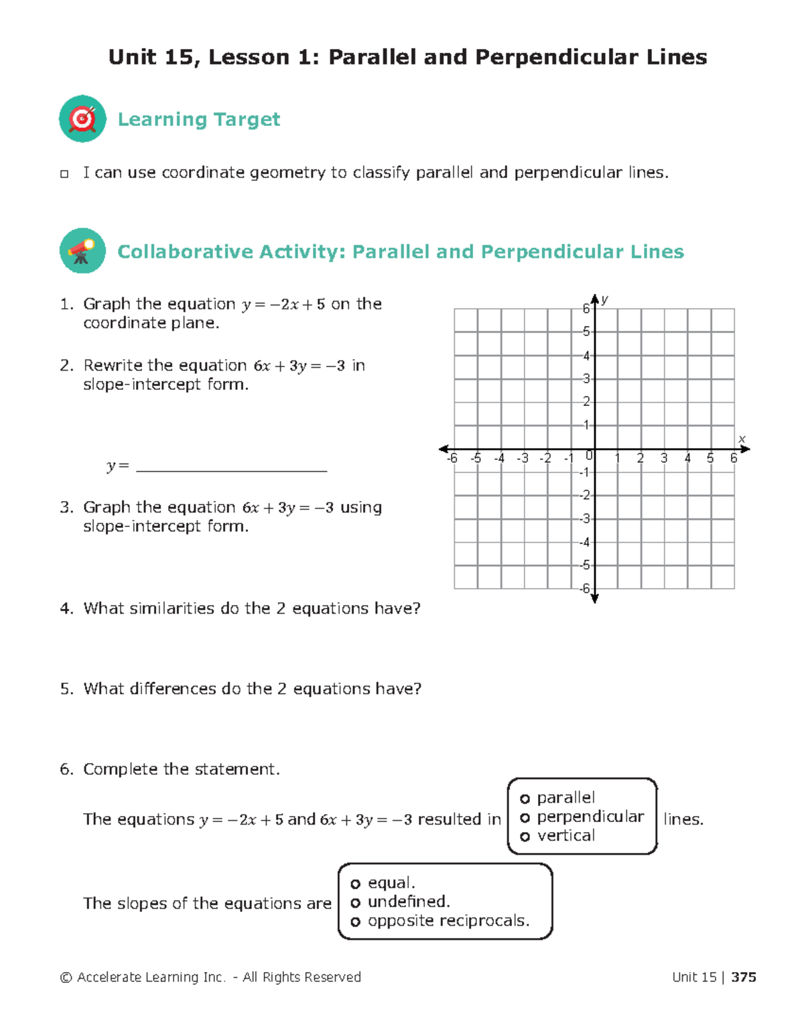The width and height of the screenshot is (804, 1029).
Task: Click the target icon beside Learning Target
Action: point(82,119)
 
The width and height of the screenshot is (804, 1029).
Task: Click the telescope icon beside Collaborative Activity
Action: point(82,251)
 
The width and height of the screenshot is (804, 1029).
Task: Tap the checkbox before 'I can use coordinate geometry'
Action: point(64,174)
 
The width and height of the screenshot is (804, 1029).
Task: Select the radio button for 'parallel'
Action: point(525,799)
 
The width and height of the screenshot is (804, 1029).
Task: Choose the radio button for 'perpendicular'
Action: point(525,817)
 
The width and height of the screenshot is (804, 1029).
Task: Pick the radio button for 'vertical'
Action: point(525,836)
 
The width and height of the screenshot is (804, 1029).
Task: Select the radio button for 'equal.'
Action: point(355,884)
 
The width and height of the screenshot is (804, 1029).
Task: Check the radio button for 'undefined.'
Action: point(355,902)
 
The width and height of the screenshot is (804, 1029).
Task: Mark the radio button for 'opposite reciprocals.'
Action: point(355,922)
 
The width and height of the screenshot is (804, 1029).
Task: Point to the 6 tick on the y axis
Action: point(586,309)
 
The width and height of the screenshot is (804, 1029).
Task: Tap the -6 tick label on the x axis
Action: point(452,459)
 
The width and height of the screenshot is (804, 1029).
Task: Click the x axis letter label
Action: point(742,439)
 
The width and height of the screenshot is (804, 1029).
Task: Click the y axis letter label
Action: point(604,299)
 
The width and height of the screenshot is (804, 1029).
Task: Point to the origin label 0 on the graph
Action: point(589,456)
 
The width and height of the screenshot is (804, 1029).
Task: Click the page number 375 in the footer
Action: point(744,977)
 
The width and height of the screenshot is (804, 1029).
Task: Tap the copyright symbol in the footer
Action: point(66,978)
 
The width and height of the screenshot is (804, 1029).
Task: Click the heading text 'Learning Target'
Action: point(199,119)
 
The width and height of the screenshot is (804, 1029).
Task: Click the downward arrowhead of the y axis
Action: point(594,598)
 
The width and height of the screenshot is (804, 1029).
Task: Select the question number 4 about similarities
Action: point(66,608)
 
